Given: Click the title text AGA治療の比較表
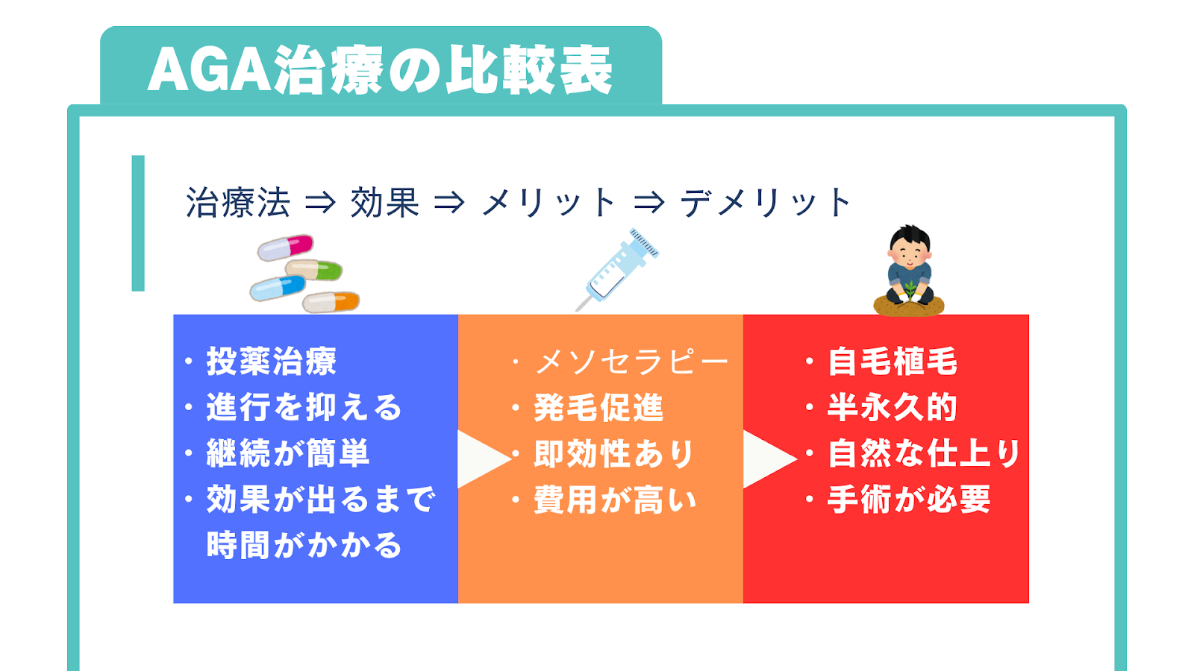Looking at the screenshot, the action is tap(380, 70).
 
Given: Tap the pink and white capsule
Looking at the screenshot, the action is tap(284, 248).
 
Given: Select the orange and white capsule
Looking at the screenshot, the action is tap(331, 301).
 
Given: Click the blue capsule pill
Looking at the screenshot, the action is tap(277, 288).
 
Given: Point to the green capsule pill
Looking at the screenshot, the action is tap(313, 269).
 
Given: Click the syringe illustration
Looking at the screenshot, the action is tap(617, 270).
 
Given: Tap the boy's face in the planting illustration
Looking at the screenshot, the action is tap(910, 254).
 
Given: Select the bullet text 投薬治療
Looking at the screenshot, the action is tap(272, 362).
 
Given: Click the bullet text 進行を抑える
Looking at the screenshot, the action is tap(304, 407).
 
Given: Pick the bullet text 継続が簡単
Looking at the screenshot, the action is tap(288, 454).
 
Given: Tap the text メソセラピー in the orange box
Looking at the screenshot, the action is tap(631, 362).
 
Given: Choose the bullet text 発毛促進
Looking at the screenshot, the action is tap(598, 407).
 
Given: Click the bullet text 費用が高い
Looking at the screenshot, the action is tap(615, 500).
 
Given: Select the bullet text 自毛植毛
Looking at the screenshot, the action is tap(893, 362).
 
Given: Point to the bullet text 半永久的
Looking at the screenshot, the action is tap(893, 407).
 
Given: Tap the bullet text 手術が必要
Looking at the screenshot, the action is tap(909, 500).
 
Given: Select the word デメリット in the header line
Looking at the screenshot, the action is tap(766, 202).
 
